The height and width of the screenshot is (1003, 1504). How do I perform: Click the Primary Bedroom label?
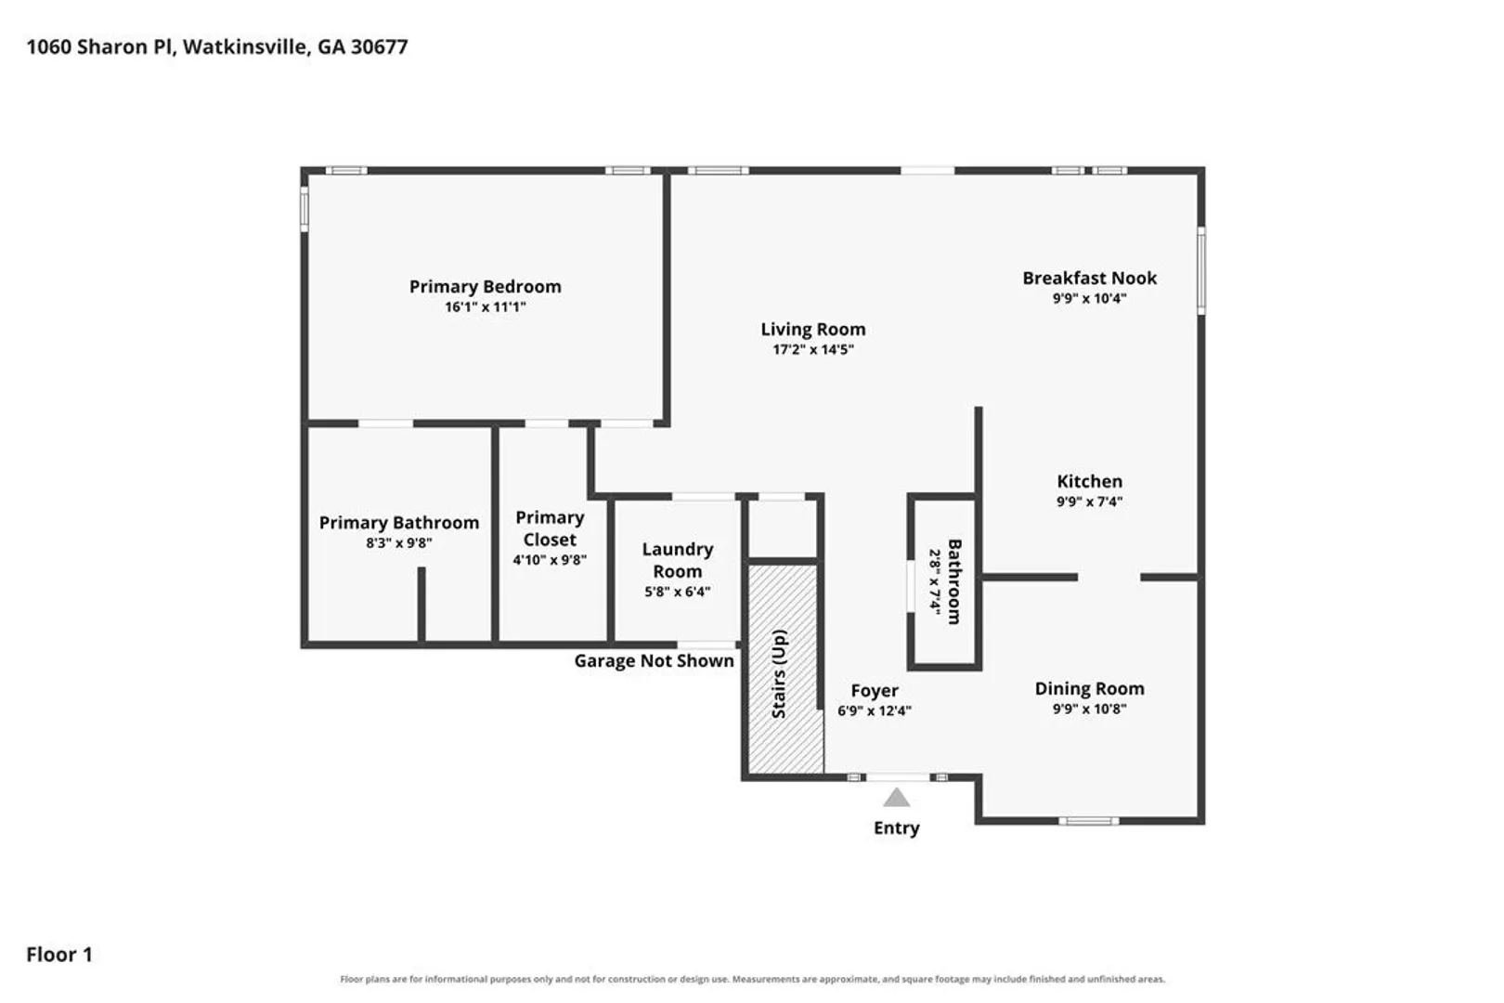486,287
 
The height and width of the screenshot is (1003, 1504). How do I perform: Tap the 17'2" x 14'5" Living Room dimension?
813,349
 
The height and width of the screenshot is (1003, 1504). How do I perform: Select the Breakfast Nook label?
1089,278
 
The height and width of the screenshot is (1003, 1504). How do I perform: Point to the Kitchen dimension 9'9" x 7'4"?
1089,501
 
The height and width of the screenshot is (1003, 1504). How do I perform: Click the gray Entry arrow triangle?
896,799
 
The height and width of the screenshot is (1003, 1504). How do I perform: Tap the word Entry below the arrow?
896,828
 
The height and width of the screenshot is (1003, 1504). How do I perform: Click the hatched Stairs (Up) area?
786,669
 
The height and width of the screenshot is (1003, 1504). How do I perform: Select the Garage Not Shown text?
654,661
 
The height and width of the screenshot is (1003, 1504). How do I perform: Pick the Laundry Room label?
678,560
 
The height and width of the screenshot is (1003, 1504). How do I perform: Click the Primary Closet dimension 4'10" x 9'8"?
550,560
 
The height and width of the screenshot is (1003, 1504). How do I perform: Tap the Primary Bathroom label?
399,523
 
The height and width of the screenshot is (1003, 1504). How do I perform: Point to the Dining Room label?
1089,688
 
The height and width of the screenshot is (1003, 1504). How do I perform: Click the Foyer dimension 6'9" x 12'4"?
875,710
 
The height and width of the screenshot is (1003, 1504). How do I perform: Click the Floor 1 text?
59,955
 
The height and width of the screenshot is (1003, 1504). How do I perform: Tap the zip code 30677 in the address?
380,47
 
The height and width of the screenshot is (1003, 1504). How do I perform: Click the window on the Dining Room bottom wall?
1088,821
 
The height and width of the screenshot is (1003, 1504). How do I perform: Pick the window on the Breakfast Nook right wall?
1201,270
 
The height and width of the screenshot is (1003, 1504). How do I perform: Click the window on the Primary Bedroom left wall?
305,209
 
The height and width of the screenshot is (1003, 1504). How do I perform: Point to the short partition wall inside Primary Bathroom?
421,604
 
